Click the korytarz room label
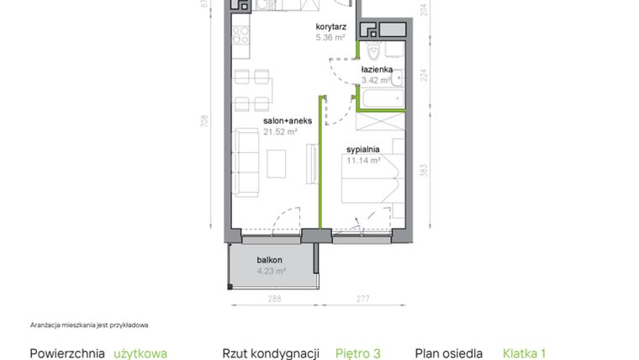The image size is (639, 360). pos(330,27)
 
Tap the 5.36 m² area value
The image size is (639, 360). pos(330,37)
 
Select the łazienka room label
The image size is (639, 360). pos(377,70)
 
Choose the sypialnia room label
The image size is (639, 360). pos(363,149)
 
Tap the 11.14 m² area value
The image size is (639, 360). pos(364,159)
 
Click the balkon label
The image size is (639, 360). pos(269,260)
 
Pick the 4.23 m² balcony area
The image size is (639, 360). pos(271,271)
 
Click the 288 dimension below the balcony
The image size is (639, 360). pos(273,299)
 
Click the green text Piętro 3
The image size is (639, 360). pos(358,353)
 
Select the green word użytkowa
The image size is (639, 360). pos(140,353)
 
